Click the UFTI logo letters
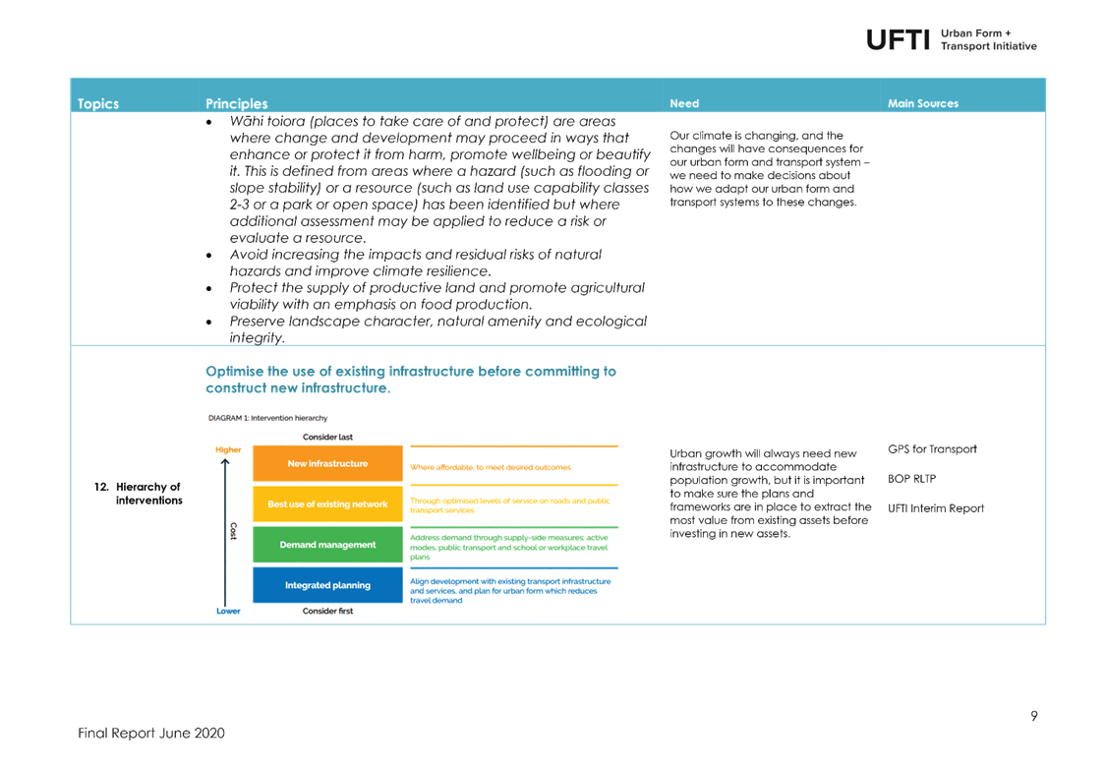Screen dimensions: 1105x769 (898, 40)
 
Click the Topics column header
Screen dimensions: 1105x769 (98, 103)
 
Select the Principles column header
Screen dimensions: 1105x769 (237, 103)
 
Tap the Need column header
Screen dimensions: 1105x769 (684, 103)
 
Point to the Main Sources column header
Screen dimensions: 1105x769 (923, 103)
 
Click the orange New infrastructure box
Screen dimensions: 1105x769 (327, 463)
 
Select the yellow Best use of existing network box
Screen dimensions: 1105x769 (327, 503)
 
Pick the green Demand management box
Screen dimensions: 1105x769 (327, 544)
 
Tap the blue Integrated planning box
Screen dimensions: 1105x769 (327, 585)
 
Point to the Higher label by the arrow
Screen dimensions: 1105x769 (228, 449)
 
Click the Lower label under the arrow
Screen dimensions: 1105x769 (228, 611)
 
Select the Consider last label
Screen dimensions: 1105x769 (327, 437)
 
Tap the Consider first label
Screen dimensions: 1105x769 (327, 611)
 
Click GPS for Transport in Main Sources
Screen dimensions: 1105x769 (932, 449)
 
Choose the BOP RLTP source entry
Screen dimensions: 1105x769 (912, 479)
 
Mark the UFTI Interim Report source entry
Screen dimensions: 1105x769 (936, 508)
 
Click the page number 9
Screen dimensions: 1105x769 (1034, 716)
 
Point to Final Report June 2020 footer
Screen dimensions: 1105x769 (150, 733)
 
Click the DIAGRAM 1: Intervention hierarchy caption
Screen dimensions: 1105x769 (267, 418)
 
